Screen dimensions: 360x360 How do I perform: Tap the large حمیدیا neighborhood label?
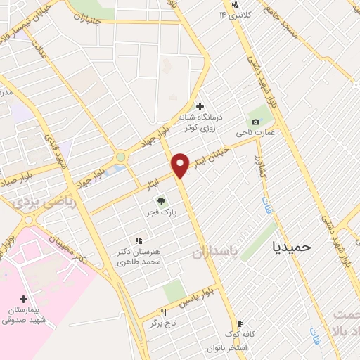coord(296,247)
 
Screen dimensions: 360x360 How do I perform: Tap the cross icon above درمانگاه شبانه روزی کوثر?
coord(200,106)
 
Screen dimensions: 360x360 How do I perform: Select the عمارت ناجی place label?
coord(259,132)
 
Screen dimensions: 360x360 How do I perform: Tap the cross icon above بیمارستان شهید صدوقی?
coord(25,299)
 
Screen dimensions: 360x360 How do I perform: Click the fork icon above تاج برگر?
coord(164,312)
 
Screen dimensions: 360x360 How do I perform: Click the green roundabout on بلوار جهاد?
coord(121,157)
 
